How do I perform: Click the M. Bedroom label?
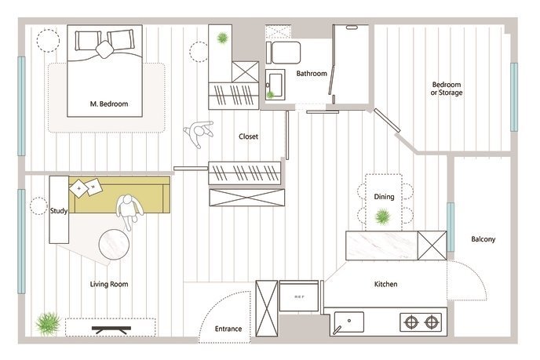pos(109,104)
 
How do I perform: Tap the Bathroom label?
pos(312,73)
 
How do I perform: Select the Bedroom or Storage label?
pos(447,89)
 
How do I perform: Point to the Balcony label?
pos(483,239)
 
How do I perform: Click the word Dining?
pos(384,197)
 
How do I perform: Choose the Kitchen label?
pos(385,284)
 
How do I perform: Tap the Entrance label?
pos(228,329)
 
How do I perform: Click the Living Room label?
pos(109,284)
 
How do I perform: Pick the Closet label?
pos(248,136)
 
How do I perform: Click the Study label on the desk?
pos(59,211)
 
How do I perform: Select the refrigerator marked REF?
pos(299,296)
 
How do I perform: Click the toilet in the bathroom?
pos(283,53)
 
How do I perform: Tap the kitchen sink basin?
pos(348,322)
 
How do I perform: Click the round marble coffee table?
pos(114,245)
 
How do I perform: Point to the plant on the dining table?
pos(382,216)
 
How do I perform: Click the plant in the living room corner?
pos(48,323)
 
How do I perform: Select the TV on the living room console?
pos(111,329)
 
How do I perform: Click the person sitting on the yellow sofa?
pos(129,212)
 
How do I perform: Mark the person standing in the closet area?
pos(199,133)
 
